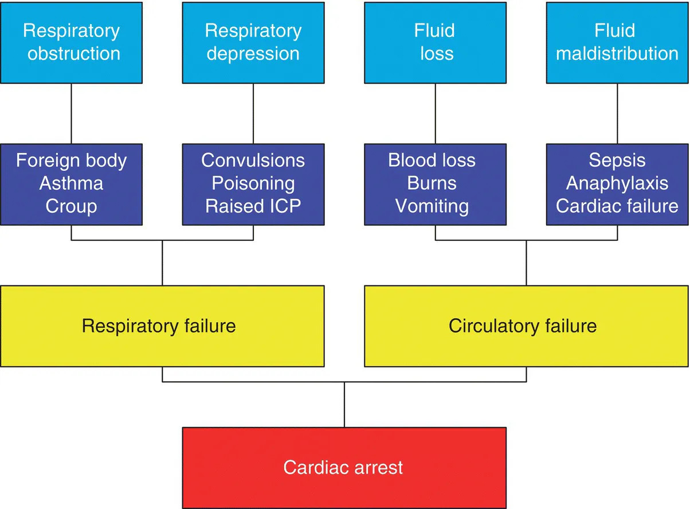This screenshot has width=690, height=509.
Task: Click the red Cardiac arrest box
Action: (x=344, y=467)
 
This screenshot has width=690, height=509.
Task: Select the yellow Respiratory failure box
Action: (x=162, y=326)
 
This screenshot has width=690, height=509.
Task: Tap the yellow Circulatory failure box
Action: (x=526, y=326)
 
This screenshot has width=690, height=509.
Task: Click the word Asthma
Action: (x=71, y=183)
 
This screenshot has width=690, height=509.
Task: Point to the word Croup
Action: (x=71, y=206)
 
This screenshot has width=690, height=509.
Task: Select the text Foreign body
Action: (x=71, y=160)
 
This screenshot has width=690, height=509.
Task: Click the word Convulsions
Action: (x=253, y=160)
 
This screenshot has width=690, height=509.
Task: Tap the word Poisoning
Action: (x=253, y=183)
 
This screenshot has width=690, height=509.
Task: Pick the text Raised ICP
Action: (x=253, y=206)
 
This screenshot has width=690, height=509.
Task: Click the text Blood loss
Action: (x=432, y=160)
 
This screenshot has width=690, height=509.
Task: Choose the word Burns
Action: (x=432, y=183)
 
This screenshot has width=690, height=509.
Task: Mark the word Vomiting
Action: (x=432, y=206)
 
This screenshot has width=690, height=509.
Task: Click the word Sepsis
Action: (x=617, y=160)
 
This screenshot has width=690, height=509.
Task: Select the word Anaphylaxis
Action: (x=617, y=183)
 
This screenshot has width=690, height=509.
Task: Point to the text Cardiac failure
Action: (x=617, y=206)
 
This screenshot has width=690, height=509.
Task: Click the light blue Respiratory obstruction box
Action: (x=71, y=42)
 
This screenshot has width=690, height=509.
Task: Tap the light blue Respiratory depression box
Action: (x=253, y=42)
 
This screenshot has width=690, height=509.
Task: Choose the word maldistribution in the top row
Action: (x=617, y=53)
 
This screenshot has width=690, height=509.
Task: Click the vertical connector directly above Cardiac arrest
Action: (x=344, y=405)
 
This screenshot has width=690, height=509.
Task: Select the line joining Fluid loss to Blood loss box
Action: (x=436, y=113)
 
